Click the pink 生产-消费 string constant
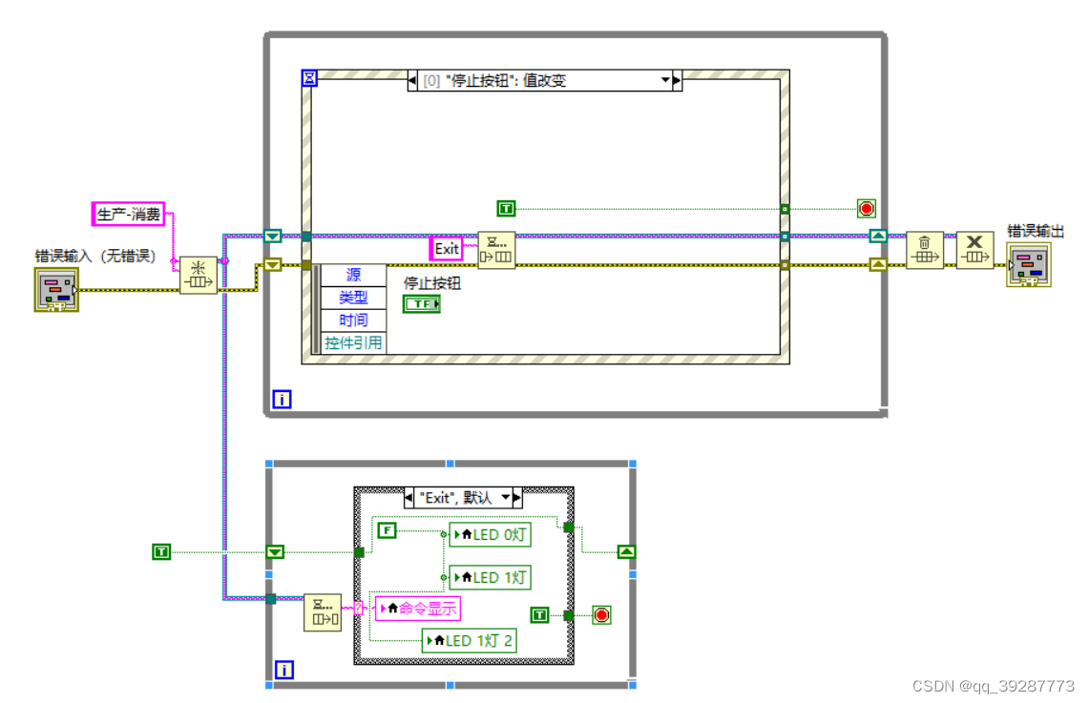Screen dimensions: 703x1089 tap(129, 214)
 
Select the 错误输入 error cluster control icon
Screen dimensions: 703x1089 tap(56, 288)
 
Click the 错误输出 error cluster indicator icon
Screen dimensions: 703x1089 tap(1029, 264)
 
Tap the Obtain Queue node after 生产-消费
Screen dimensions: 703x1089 tap(199, 275)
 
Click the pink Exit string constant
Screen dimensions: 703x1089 tap(447, 249)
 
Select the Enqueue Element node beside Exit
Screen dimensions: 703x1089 tap(496, 250)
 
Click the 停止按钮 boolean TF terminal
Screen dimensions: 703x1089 tap(421, 303)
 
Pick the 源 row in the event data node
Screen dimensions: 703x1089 tap(353, 275)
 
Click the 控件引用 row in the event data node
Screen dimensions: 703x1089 tap(353, 342)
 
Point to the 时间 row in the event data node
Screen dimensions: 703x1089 tap(353, 320)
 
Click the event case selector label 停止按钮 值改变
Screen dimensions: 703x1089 tap(539, 81)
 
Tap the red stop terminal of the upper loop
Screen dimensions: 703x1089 tap(866, 208)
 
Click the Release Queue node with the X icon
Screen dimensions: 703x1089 tap(974, 250)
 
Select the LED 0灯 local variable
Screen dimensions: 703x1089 tap(490, 534)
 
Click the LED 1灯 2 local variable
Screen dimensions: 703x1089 tap(470, 640)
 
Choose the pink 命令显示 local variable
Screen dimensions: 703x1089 tap(419, 608)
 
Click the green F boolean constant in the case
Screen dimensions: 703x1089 tap(387, 530)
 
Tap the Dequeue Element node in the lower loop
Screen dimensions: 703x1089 tap(323, 612)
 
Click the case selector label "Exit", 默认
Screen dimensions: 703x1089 tap(457, 497)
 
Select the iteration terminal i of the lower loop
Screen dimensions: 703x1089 tap(283, 671)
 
